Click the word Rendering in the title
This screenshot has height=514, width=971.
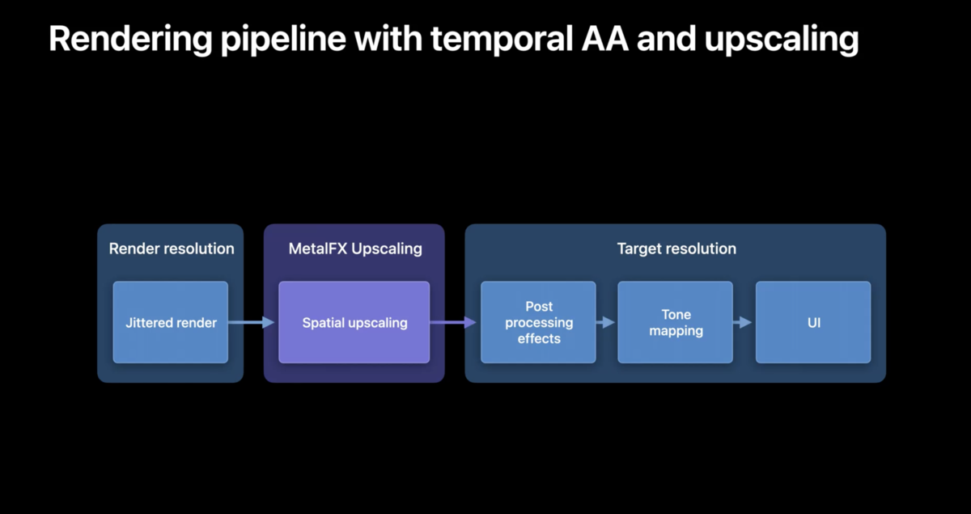click(130, 40)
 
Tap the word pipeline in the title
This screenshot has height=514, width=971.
click(283, 40)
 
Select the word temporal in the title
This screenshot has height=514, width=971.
click(502, 40)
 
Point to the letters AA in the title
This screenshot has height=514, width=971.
click(605, 39)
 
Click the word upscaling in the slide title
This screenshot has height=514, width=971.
click(782, 40)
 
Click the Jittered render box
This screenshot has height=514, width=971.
click(171, 322)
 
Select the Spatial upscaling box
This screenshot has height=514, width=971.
click(354, 322)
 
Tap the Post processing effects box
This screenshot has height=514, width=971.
click(538, 322)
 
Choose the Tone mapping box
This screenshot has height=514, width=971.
click(676, 322)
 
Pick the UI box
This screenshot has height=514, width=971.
click(813, 322)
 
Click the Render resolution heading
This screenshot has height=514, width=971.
click(172, 249)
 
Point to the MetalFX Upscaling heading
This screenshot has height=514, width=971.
click(355, 249)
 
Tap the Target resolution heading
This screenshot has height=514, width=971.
click(676, 249)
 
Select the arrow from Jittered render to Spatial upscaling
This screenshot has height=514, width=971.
click(252, 322)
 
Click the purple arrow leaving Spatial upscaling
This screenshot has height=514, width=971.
click(453, 322)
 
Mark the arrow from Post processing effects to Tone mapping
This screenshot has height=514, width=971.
click(605, 322)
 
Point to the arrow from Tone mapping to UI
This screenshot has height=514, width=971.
click(743, 322)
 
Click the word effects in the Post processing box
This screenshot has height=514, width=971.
click(539, 338)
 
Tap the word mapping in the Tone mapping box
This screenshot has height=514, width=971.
click(676, 331)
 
